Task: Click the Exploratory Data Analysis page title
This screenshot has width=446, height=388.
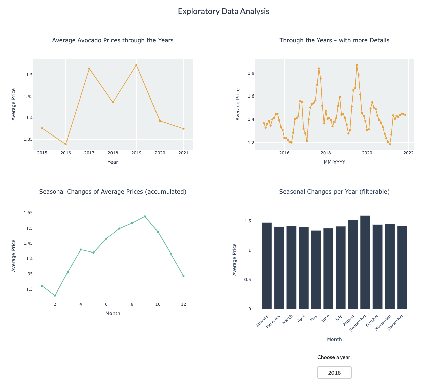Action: coord(223,11)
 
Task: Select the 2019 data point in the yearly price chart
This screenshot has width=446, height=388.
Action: coord(136,65)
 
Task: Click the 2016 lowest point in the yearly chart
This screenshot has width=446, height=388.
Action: coord(66,144)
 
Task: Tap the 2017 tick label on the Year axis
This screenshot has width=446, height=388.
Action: coord(89,153)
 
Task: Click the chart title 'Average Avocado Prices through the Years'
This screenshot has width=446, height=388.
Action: coord(113,40)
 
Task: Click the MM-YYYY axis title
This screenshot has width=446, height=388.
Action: coord(334,162)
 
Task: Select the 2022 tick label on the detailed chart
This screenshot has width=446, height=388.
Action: coord(408,153)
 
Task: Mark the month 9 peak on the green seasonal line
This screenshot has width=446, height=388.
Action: coord(145,216)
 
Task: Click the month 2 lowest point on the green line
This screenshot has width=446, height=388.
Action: coord(55,296)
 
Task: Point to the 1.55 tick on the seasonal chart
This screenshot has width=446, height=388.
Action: coord(28,213)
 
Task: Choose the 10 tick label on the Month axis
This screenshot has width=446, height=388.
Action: coord(158,304)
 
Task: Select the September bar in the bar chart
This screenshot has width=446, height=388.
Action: coord(365,262)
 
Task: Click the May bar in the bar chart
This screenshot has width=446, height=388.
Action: coord(316,270)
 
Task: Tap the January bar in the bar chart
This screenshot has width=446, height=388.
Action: coord(267,266)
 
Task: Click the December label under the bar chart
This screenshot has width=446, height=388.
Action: coord(395,322)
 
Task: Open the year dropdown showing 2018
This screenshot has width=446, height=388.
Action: coord(334,373)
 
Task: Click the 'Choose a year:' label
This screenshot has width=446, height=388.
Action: coord(334,357)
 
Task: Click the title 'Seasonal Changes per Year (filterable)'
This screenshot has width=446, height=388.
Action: coord(334,192)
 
